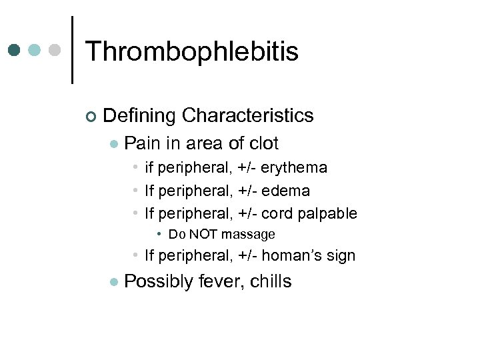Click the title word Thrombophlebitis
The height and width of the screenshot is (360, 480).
coord(192,51)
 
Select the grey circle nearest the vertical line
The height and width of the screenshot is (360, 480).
coord(55,50)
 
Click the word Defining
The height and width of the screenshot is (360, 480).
coord(140,115)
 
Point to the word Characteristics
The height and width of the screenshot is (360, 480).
coord(247,115)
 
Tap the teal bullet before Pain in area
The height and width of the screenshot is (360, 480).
coord(114,144)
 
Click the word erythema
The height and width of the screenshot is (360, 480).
coord(294,168)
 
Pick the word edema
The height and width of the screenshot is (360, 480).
coord(285,191)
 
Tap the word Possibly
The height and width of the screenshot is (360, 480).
coord(159,282)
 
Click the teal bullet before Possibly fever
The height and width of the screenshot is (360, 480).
coord(114,283)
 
